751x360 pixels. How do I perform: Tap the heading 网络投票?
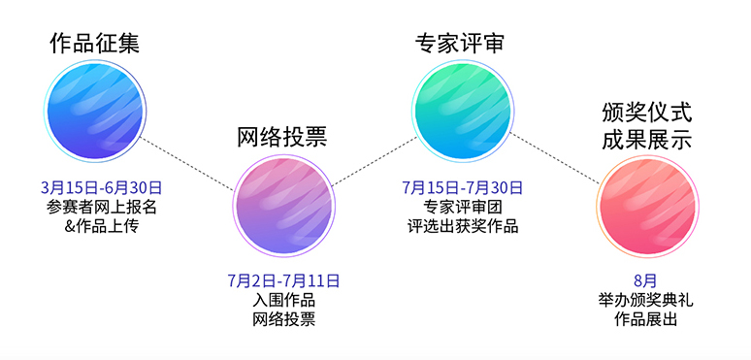point(282,136)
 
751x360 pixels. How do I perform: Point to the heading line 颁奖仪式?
point(646,111)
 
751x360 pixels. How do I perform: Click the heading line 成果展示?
point(646,140)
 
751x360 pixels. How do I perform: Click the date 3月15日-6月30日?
point(101,186)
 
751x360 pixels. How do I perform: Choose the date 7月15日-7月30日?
point(463,186)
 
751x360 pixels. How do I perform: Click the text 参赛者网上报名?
point(101,206)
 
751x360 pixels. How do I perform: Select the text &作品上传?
point(101,225)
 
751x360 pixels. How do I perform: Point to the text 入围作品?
point(283,300)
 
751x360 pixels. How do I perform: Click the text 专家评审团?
point(463,206)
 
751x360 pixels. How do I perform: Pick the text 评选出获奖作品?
point(463,225)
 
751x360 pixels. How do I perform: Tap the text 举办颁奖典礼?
point(645,300)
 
